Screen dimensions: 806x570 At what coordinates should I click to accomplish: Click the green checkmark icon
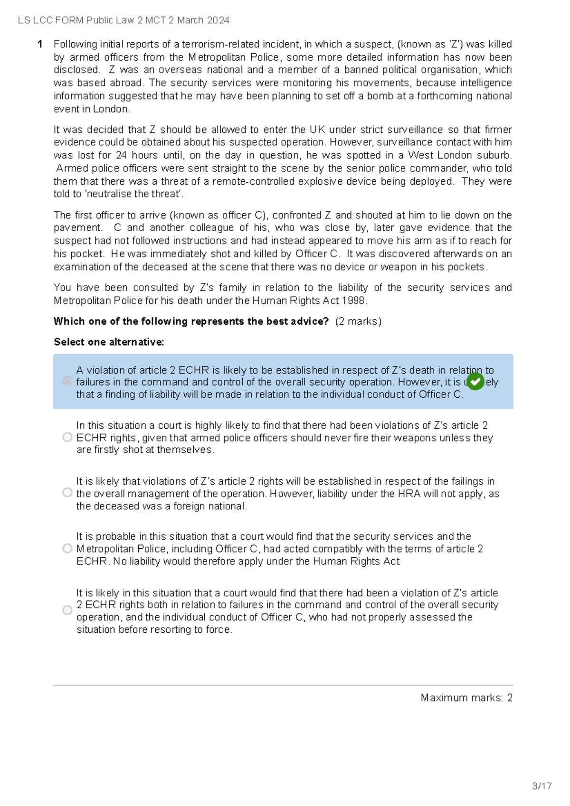pos(475,381)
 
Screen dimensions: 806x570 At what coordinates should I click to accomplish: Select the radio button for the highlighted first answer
pos(67,381)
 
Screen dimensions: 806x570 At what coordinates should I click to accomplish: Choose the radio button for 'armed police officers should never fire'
pos(67,437)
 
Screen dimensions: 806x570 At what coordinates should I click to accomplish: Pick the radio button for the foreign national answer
pos(67,493)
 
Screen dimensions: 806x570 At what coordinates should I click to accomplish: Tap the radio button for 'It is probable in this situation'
pos(67,549)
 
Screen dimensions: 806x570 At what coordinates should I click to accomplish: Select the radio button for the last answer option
pos(67,610)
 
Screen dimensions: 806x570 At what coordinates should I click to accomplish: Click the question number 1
pos(40,44)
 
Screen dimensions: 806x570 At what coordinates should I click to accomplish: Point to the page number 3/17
pos(541,786)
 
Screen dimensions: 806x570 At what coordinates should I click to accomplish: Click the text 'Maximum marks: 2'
pos(466,698)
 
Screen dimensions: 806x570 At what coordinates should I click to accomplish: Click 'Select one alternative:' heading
pos(109,342)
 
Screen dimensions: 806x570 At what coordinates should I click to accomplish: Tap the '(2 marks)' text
pos(358,321)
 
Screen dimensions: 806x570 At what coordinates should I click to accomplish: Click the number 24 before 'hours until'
pos(121,155)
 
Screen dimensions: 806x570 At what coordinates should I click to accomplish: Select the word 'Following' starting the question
pos(75,44)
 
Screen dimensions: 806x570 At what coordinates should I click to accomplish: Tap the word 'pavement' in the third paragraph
pos(76,228)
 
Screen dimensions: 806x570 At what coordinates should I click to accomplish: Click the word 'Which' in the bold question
pos(66,321)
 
